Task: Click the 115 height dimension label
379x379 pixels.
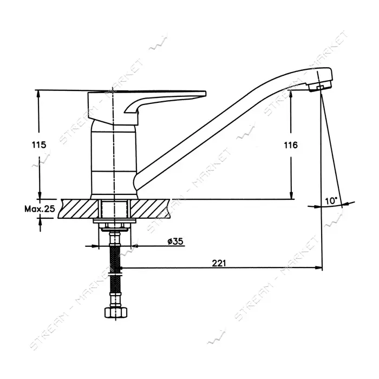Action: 38,145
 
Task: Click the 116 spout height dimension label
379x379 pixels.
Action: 291,145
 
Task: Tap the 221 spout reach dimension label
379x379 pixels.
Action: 219,263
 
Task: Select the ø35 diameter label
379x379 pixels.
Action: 175,241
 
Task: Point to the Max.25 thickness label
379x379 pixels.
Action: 40,208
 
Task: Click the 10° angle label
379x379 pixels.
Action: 331,201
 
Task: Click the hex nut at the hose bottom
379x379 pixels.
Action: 115,312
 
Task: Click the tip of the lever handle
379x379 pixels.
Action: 205,93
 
